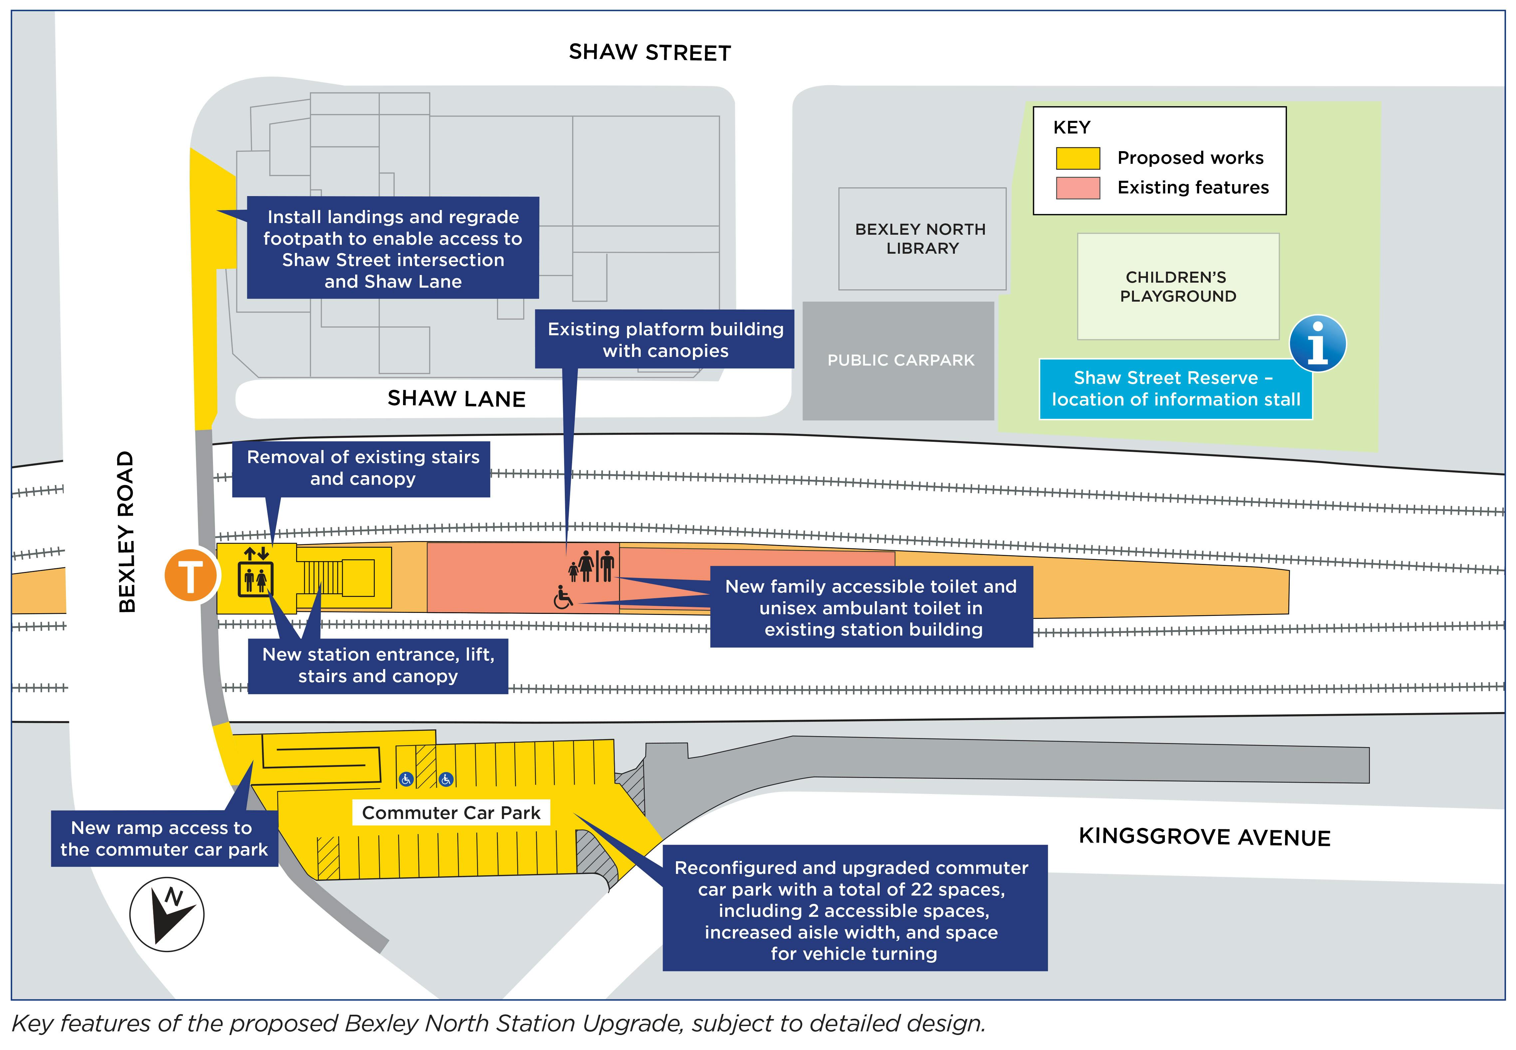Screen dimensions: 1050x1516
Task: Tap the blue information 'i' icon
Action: (x=1317, y=344)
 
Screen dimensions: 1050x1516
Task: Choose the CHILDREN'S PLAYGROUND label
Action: (x=1177, y=287)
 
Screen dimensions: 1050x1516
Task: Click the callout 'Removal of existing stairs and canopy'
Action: (x=362, y=468)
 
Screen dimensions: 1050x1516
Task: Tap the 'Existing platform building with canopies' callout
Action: (x=665, y=340)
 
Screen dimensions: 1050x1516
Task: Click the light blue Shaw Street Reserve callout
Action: (x=1175, y=389)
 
